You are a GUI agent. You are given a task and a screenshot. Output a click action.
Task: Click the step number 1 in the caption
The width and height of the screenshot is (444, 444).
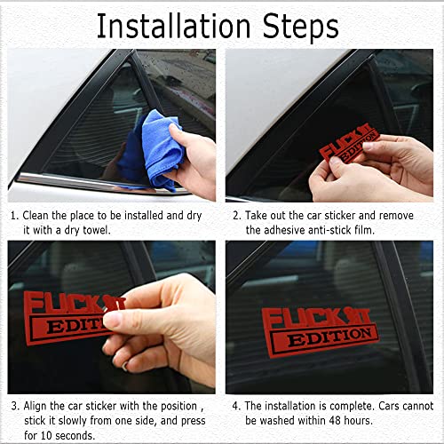coord(13,215)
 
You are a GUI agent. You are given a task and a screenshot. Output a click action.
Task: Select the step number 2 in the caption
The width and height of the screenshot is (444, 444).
coord(236,215)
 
